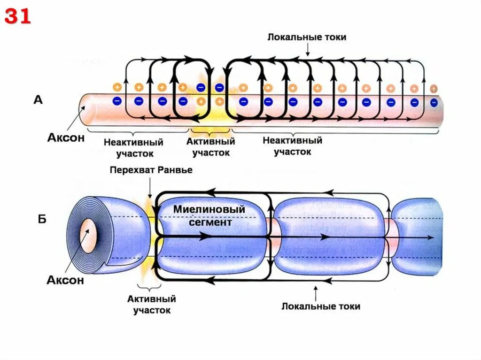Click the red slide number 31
[18, 16]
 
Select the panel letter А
[38, 100]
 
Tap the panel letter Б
[42, 219]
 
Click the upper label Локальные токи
[307, 37]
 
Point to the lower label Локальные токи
[321, 306]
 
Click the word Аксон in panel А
[66, 138]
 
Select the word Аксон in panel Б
[65, 280]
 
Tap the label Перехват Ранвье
[151, 169]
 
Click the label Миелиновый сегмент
[209, 215]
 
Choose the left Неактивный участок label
[133, 147]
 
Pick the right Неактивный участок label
[292, 146]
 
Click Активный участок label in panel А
[210, 146]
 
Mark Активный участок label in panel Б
[151, 304]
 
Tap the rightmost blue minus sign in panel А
[434, 101]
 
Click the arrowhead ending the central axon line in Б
[431, 237]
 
